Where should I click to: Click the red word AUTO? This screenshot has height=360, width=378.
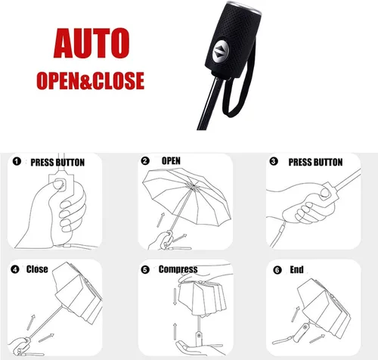(x=91, y=43)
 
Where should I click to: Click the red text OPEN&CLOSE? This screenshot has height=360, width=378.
(x=91, y=81)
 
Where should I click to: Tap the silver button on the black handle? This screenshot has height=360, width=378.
(x=221, y=51)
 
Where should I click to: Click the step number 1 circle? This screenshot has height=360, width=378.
(x=17, y=161)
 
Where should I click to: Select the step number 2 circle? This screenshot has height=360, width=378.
(x=145, y=161)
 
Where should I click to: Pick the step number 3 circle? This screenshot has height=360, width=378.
(x=274, y=161)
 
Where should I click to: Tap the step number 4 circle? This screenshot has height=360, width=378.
(x=15, y=269)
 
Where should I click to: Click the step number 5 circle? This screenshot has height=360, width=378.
(x=145, y=270)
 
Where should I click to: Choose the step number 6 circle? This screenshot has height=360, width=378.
(x=277, y=270)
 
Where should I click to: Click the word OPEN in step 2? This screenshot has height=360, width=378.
(x=171, y=160)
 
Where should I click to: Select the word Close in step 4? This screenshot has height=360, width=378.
(x=37, y=269)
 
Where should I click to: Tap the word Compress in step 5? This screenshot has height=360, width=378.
(x=178, y=269)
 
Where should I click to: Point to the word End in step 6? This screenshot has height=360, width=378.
(x=296, y=270)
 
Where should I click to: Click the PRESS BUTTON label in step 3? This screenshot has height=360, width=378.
(x=315, y=162)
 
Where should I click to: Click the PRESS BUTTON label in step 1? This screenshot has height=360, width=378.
(x=57, y=163)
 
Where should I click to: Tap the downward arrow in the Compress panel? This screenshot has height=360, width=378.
(x=175, y=296)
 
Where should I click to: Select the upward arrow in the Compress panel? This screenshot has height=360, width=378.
(x=175, y=331)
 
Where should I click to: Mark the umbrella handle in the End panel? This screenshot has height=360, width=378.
(x=303, y=330)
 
